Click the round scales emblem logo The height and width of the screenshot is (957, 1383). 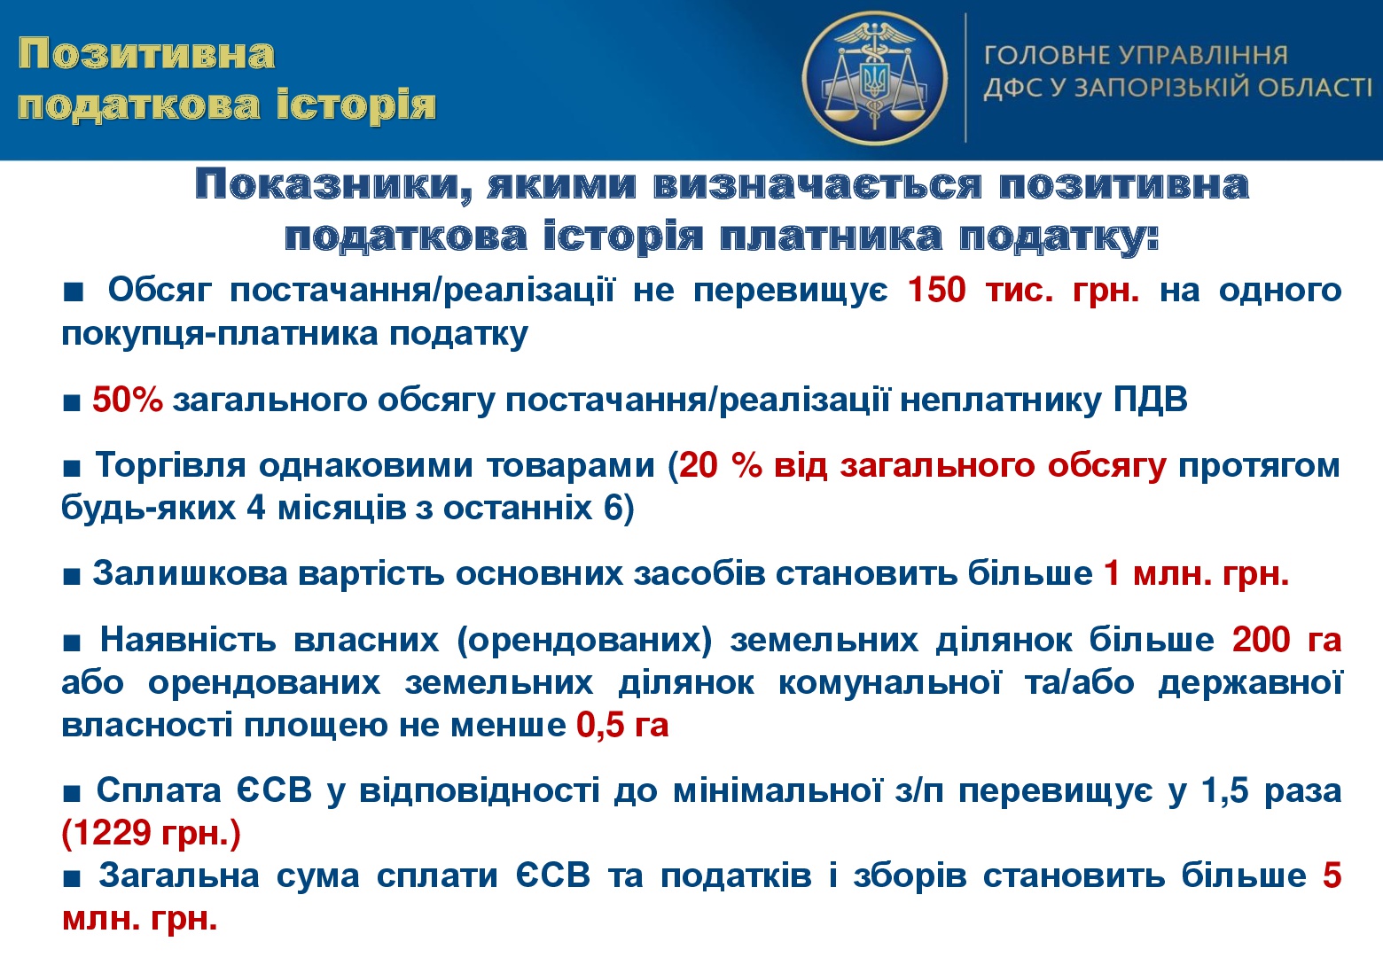[875, 78]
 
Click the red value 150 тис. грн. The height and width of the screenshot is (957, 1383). [1024, 290]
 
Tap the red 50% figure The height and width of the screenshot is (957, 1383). [128, 400]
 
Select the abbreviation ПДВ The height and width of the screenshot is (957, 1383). [1151, 400]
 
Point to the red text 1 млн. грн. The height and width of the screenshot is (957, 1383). [1197, 574]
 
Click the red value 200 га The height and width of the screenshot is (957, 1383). [1286, 639]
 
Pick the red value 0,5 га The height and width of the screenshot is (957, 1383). [622, 724]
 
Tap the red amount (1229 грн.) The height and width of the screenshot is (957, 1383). [152, 833]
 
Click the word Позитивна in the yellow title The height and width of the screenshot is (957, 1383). [146, 54]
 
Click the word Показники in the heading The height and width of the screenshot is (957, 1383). [334, 186]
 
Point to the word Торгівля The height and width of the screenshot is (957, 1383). [170, 465]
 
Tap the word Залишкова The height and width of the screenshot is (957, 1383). [190, 574]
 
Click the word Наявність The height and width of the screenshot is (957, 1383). [188, 639]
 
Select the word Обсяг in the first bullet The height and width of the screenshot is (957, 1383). [160, 290]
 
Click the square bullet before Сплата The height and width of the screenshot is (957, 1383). [72, 793]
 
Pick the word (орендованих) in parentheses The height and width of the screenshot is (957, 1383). [585, 641]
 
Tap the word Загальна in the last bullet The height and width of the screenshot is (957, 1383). [179, 876]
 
